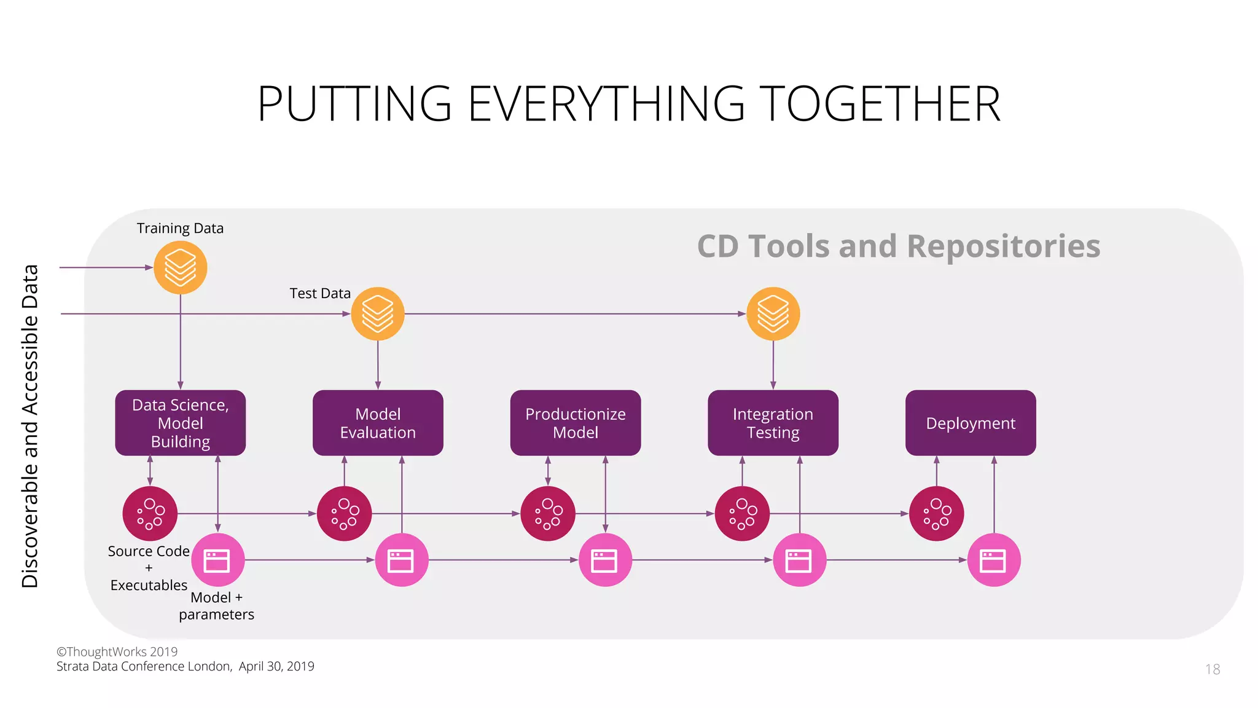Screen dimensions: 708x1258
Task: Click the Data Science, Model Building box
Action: click(x=180, y=423)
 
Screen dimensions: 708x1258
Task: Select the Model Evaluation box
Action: click(x=378, y=423)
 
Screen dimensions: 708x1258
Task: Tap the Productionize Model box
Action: click(x=575, y=423)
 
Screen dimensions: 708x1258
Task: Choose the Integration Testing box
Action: click(x=773, y=423)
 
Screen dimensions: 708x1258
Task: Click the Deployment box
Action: click(x=971, y=423)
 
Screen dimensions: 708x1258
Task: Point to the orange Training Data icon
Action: click(x=180, y=267)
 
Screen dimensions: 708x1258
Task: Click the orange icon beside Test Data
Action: click(x=378, y=313)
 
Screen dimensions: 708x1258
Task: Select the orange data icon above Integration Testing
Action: click(x=773, y=313)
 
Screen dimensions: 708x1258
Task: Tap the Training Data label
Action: click(x=180, y=229)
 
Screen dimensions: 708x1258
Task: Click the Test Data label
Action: click(x=320, y=294)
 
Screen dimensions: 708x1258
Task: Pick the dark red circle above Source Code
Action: click(x=150, y=513)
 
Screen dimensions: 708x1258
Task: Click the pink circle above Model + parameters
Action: click(x=217, y=560)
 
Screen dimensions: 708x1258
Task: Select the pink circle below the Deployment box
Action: click(x=993, y=560)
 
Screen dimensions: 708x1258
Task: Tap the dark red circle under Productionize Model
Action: click(x=547, y=513)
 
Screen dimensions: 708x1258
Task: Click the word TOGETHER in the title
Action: click(x=880, y=104)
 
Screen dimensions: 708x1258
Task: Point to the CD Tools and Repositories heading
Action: click(x=898, y=246)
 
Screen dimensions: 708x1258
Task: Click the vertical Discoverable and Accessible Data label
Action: click(x=30, y=426)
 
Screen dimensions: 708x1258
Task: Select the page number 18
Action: click(x=1212, y=669)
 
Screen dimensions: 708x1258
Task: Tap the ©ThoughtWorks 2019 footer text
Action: click(x=117, y=651)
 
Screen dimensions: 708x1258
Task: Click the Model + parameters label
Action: click(x=216, y=606)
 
